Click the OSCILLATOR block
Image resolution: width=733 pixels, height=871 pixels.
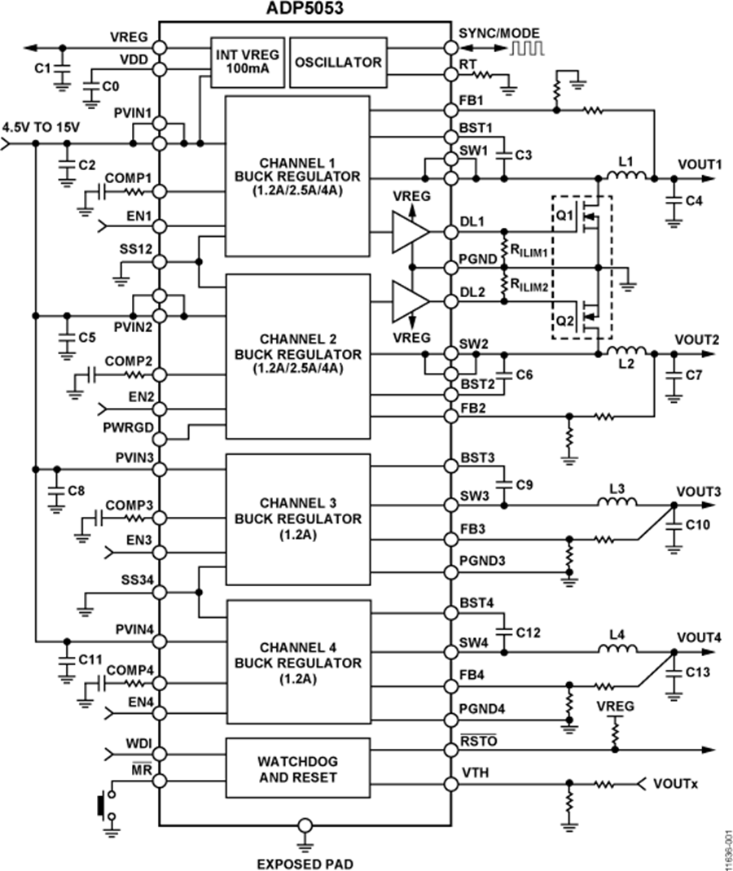(x=337, y=62)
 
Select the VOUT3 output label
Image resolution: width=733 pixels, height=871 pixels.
(x=698, y=492)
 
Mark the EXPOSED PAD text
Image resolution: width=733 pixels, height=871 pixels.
(x=305, y=862)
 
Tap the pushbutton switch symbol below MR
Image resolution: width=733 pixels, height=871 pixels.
(x=102, y=806)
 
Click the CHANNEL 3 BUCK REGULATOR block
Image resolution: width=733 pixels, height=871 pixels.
(x=297, y=519)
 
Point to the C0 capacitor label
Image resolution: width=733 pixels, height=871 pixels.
(x=112, y=84)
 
